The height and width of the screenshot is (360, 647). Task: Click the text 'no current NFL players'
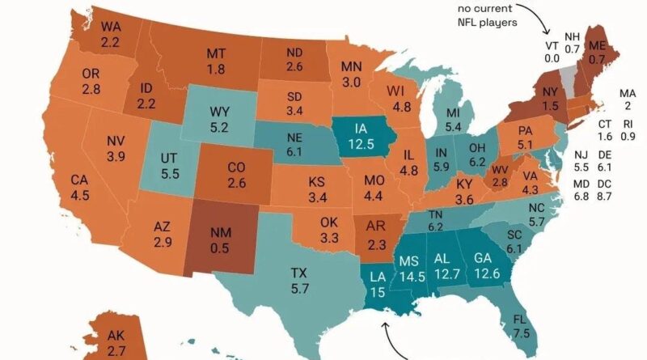[485, 16]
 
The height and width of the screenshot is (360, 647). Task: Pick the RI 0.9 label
[628, 130]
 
